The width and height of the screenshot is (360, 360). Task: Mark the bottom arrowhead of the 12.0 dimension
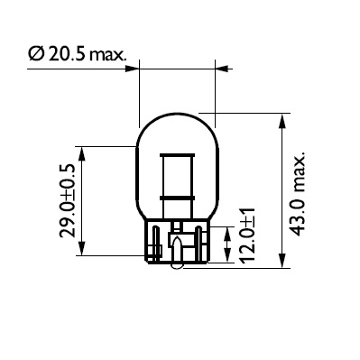tap(224, 255)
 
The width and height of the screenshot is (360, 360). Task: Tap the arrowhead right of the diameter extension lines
tap(220, 65)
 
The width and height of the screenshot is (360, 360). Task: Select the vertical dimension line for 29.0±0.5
tap(84, 202)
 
